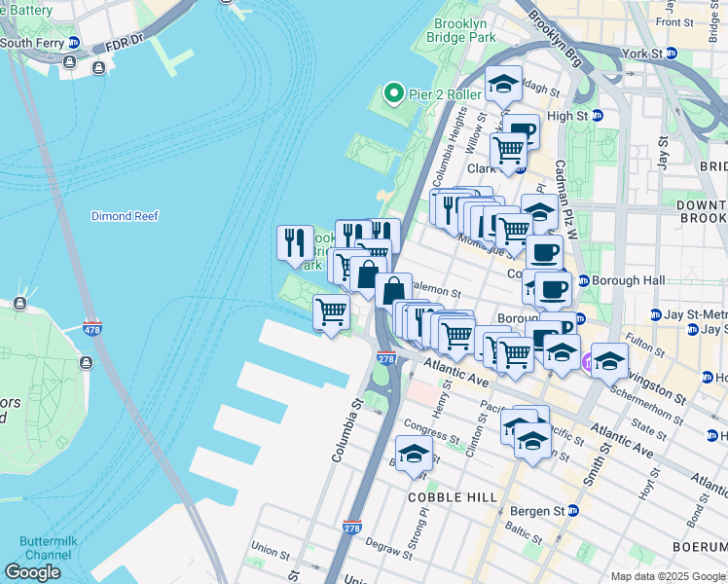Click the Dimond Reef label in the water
(x=124, y=215)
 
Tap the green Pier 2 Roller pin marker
(x=394, y=94)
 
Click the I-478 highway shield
(x=92, y=327)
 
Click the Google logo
(x=32, y=572)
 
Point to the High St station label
(x=568, y=116)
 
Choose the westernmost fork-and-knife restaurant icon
(x=295, y=242)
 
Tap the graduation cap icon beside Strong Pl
(x=414, y=454)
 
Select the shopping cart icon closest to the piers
(x=331, y=313)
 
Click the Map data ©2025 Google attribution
(x=668, y=576)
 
